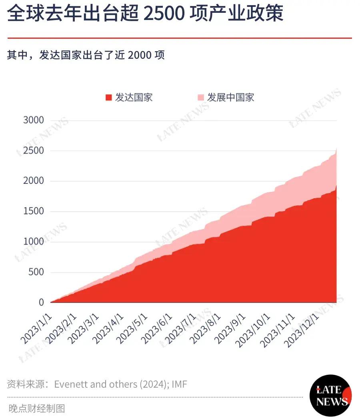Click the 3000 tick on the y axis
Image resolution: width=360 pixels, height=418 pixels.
tap(33, 120)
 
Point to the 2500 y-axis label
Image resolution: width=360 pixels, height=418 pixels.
tap(33, 151)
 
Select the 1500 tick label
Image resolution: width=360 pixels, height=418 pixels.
tap(33, 211)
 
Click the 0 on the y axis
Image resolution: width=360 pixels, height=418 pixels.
tap(41, 303)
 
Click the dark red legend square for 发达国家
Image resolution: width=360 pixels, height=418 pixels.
tap(108, 98)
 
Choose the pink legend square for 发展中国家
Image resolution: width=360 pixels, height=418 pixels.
tap(201, 98)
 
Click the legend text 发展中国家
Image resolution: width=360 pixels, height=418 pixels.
tap(230, 98)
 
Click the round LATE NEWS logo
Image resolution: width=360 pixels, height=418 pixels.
tap(330, 395)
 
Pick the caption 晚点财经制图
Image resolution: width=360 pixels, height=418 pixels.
tap(37, 408)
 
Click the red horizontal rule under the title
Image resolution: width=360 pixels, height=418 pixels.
tap(180, 38)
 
